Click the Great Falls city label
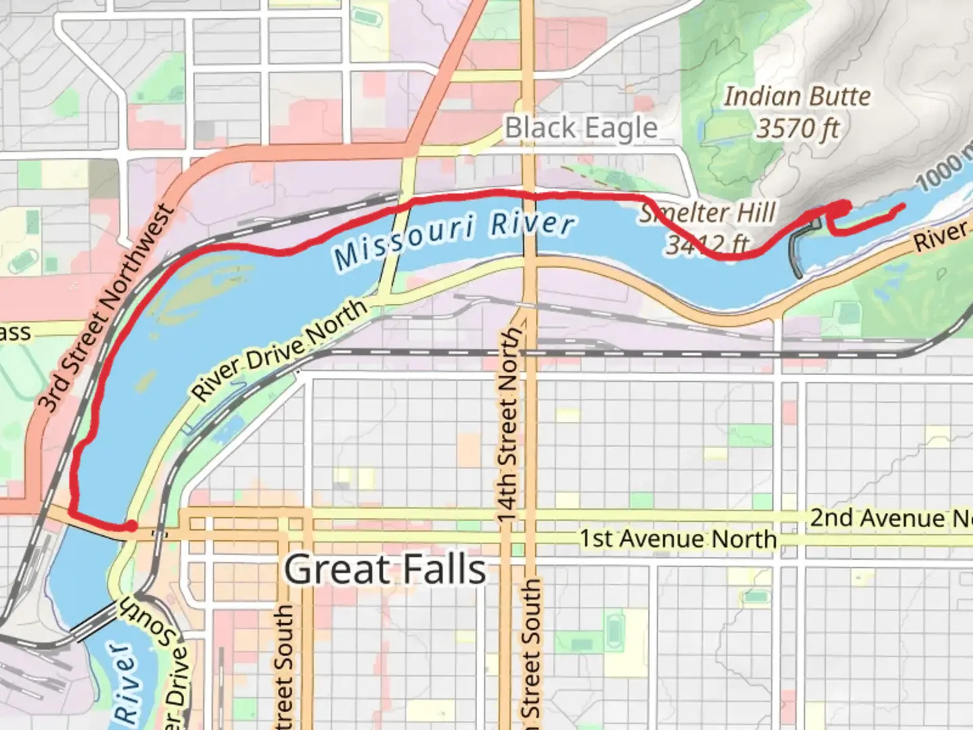[x=384, y=570]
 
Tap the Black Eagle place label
[x=581, y=128]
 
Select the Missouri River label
[x=454, y=238]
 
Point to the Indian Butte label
[x=797, y=97]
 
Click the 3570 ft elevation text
[x=797, y=128]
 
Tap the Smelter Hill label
[x=707, y=213]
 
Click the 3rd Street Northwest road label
[x=105, y=308]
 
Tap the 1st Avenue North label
[x=678, y=539]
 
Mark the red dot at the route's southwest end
[x=130, y=526]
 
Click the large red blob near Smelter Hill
[x=841, y=208]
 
